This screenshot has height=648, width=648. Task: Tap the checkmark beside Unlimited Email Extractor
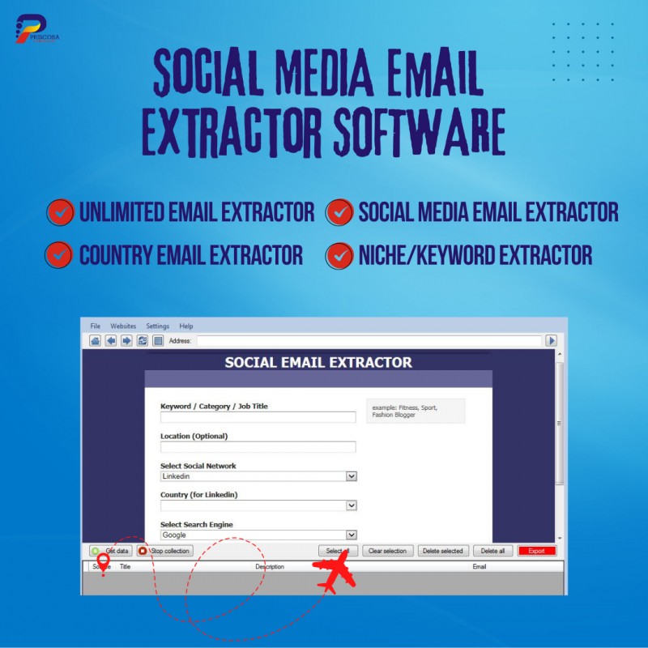60,212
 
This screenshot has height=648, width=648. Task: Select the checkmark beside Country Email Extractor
58,255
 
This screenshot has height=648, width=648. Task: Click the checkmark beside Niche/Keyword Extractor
339,255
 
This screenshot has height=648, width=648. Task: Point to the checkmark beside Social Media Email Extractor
339,212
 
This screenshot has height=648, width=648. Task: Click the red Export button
537,551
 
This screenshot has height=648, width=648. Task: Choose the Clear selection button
387,551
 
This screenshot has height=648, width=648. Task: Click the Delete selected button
443,551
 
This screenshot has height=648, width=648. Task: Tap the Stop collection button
165,551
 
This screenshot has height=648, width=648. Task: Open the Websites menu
123,326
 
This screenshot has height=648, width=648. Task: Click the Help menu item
186,326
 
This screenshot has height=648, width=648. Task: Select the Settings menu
157,326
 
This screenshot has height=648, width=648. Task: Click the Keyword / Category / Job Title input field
258,417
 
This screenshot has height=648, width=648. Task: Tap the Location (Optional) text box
258,447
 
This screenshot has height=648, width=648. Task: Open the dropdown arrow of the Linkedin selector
352,476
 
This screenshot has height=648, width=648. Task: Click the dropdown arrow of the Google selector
352,535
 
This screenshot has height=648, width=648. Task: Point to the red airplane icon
335,576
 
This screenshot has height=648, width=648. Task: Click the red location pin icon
103,564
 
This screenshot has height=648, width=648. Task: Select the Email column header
480,567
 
